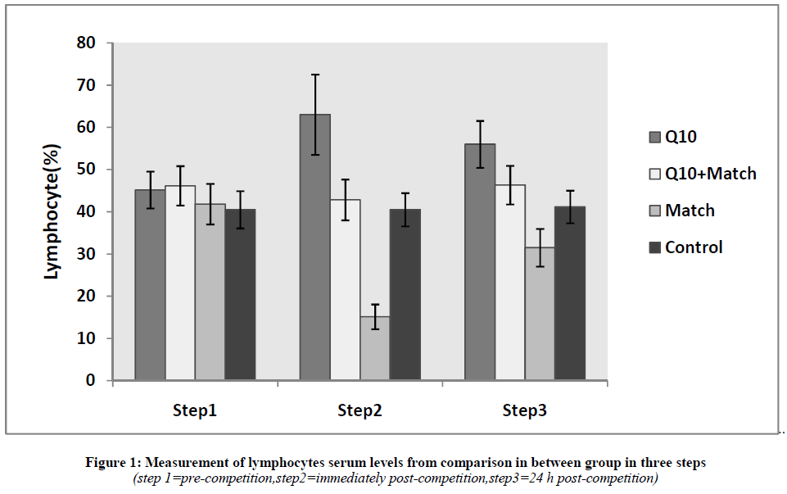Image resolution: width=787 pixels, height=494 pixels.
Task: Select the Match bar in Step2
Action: tap(375, 348)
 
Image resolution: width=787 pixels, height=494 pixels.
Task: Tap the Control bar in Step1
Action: tap(240, 295)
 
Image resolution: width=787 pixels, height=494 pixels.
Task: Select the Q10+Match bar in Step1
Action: tap(180, 283)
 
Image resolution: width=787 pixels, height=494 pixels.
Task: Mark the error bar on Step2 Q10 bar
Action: tap(315, 114)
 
